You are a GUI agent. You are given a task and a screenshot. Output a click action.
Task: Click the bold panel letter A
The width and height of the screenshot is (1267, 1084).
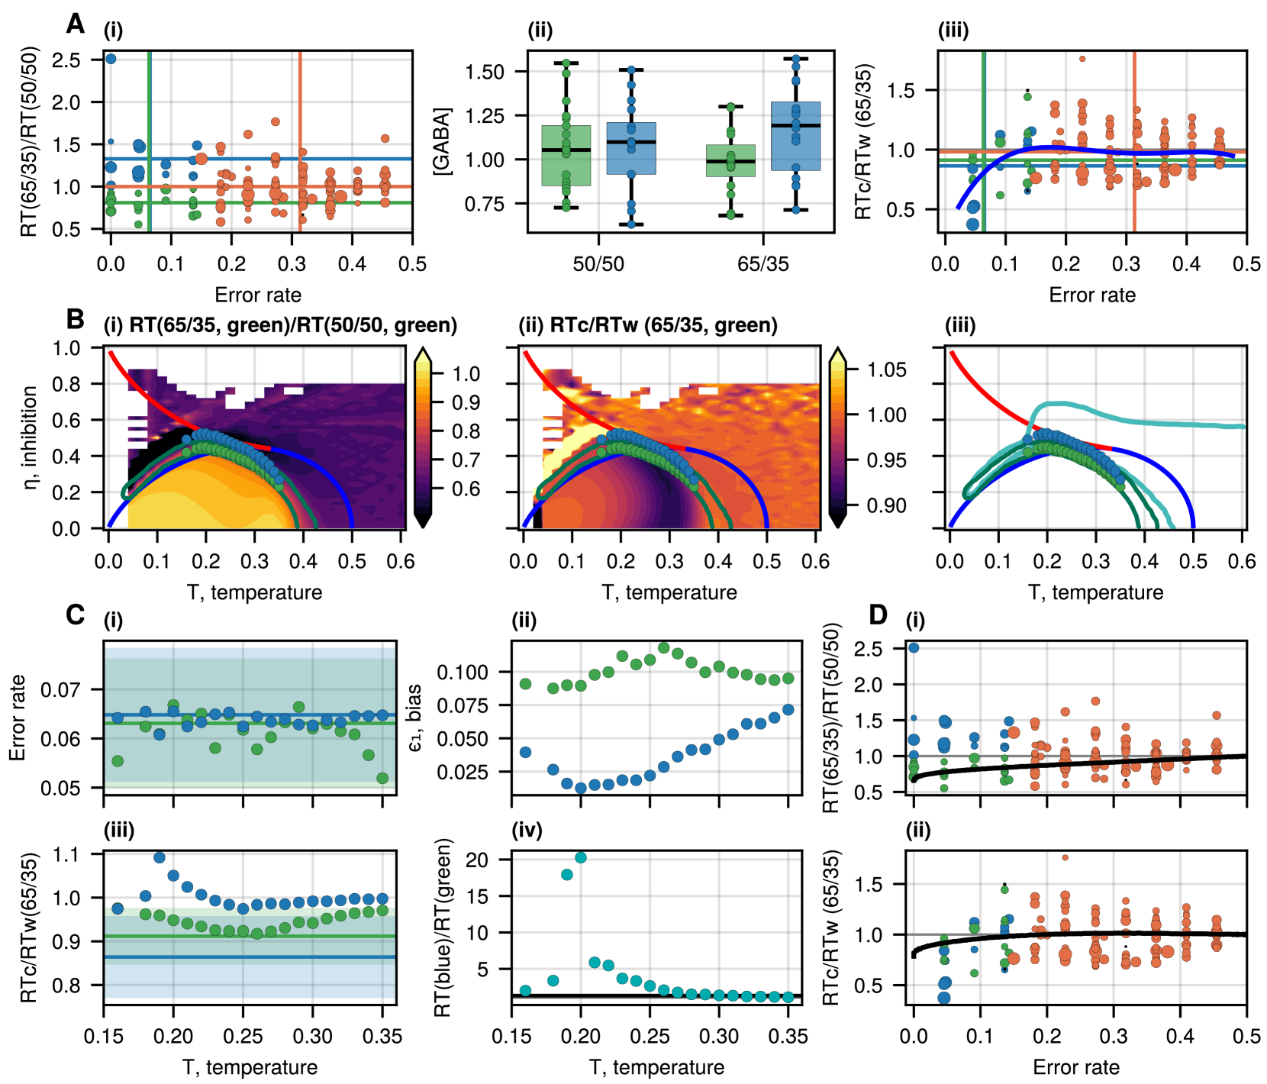click(75, 24)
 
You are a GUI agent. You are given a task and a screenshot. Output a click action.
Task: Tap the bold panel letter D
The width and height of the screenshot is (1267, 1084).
click(878, 614)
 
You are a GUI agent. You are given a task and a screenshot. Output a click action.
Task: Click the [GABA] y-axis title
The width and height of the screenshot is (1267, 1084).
click(443, 142)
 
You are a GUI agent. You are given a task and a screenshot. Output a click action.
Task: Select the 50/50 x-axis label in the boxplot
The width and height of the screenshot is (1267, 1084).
click(598, 264)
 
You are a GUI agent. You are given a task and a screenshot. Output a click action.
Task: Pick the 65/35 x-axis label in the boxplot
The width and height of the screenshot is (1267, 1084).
click(763, 264)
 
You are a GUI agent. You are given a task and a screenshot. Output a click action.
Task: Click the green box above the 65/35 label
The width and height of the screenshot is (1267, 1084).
click(730, 160)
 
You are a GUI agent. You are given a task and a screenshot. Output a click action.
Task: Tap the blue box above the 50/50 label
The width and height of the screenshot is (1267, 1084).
click(631, 148)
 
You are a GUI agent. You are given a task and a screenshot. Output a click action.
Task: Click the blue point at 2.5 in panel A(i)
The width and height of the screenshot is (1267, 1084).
click(111, 59)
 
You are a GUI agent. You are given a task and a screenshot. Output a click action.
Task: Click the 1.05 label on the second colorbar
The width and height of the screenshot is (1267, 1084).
click(887, 370)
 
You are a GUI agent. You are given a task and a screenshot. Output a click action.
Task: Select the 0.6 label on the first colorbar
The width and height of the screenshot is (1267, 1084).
click(466, 489)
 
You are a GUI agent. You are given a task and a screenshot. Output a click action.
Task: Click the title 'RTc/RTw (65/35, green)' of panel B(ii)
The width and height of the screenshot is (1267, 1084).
click(648, 325)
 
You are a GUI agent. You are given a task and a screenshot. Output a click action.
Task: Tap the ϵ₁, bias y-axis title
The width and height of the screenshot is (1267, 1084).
click(415, 718)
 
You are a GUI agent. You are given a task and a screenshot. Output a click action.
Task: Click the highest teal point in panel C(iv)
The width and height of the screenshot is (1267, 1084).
click(581, 857)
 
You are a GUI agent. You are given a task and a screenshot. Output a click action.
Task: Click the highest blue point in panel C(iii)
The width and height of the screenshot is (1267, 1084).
click(160, 857)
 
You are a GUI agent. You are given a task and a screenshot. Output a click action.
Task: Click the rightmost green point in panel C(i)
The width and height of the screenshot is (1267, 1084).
click(382, 778)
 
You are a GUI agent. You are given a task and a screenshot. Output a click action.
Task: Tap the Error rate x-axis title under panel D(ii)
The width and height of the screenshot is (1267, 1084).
click(1076, 1066)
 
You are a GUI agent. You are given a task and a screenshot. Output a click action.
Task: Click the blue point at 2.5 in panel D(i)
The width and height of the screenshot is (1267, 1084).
click(914, 647)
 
